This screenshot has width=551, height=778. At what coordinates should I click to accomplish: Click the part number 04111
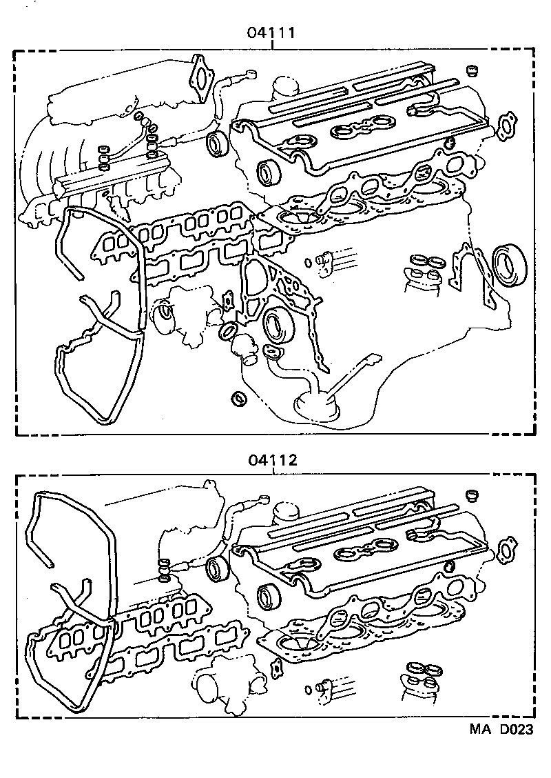point(273,32)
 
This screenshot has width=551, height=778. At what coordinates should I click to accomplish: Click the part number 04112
point(273,459)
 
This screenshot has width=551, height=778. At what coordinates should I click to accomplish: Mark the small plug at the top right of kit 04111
point(472,70)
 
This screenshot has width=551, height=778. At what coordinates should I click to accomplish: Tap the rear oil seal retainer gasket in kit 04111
point(473,273)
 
